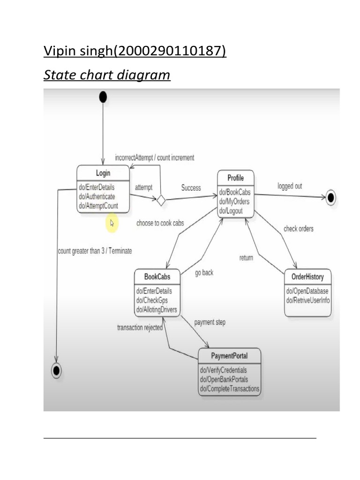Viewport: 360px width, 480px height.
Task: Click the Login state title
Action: (x=103, y=173)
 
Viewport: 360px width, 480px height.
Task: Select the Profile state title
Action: (x=235, y=178)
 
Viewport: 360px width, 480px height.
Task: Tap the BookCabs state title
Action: (x=157, y=277)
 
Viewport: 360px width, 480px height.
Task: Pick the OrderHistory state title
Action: (x=307, y=277)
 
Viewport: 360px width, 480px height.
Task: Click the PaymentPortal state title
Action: (x=229, y=356)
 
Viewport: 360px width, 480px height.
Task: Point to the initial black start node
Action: (x=103, y=97)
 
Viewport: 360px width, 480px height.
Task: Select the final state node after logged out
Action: (x=331, y=197)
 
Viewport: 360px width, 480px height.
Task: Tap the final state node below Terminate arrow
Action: (x=56, y=370)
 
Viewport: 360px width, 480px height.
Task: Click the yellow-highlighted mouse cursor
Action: (x=112, y=223)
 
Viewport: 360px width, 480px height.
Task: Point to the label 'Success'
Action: (x=191, y=188)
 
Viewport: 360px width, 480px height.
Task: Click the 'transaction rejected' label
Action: (x=140, y=328)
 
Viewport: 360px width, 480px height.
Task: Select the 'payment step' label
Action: (x=210, y=322)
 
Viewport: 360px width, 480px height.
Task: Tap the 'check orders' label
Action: (x=298, y=229)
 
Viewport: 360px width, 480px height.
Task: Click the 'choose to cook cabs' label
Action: (x=160, y=224)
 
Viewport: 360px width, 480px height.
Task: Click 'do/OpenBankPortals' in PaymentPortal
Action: (x=224, y=379)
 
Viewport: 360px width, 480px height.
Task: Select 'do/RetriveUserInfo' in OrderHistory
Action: (x=308, y=300)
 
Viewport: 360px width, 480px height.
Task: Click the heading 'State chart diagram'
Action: (x=107, y=75)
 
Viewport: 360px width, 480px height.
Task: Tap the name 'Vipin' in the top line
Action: (x=59, y=50)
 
